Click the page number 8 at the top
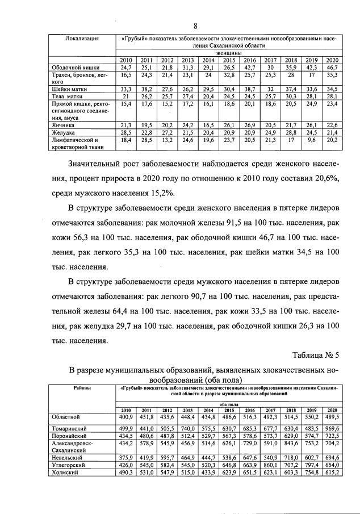tap(194, 26)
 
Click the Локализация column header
tap(82, 39)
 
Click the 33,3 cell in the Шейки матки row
tap(126, 89)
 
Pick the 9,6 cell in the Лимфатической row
tap(312, 140)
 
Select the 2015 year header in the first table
tap(229, 60)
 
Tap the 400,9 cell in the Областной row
tap(125, 417)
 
